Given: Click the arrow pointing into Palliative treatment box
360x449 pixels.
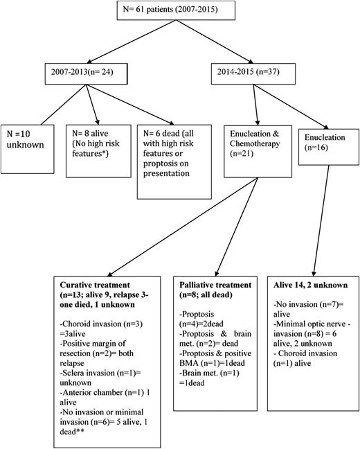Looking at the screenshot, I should click(228, 229).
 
